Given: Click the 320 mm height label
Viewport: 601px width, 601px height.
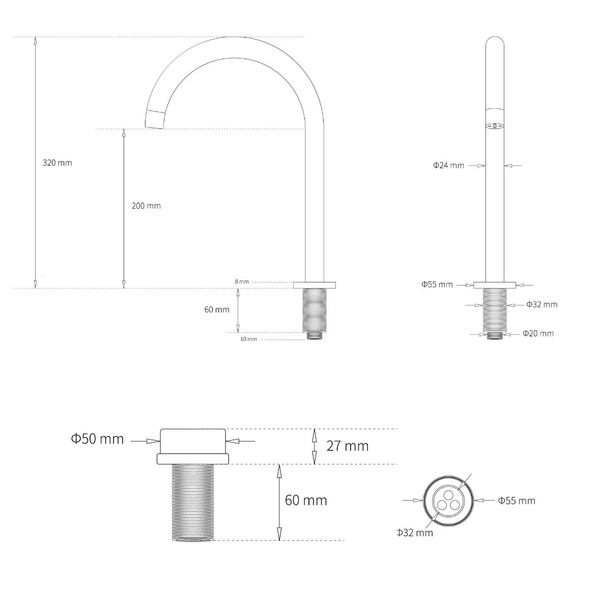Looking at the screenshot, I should (x=57, y=163).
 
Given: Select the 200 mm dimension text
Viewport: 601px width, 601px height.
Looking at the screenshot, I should (x=146, y=206).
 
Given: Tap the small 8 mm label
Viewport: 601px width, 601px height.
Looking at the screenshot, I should (x=242, y=281).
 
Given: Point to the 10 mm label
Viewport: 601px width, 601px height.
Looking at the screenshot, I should (x=249, y=339).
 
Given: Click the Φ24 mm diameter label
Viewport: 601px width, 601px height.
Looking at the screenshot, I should (x=448, y=165).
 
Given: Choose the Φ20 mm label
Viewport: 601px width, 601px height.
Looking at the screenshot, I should (x=538, y=333).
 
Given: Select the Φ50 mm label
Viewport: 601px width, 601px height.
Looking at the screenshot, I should (x=97, y=439).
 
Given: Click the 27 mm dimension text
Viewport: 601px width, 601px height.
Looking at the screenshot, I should (x=347, y=446).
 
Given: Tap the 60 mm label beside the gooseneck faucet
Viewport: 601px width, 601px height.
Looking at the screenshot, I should (x=217, y=309).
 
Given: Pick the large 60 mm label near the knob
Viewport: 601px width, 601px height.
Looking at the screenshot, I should (x=306, y=500).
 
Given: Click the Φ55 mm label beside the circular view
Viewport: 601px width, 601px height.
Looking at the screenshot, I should (x=517, y=501).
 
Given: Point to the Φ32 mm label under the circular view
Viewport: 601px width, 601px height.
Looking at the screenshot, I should (x=415, y=533).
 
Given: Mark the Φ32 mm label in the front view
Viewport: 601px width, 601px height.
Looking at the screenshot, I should (x=541, y=304).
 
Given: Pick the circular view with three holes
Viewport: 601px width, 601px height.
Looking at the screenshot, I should (x=448, y=500).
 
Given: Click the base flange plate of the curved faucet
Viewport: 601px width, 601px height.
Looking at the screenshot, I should (x=314, y=285).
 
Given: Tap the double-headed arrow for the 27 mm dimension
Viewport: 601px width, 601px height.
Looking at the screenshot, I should (x=314, y=446).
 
